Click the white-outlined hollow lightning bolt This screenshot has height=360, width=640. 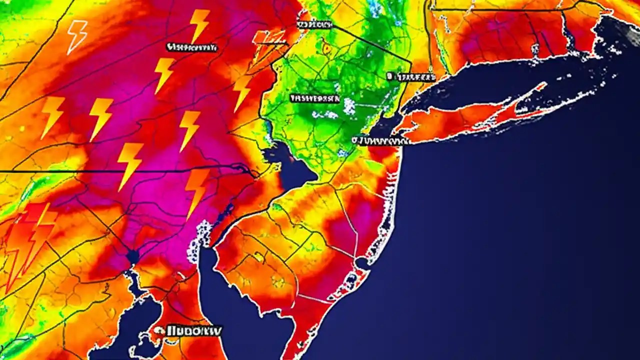click(77, 36)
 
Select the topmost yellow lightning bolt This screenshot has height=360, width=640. click(199, 25)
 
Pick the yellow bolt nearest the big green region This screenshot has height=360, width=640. click(242, 92)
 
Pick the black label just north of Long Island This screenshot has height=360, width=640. click(411, 77)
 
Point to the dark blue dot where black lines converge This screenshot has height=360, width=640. click(132, 256)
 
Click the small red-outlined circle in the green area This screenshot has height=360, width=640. click(327, 48)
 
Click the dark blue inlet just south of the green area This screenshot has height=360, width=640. click(295, 170)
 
